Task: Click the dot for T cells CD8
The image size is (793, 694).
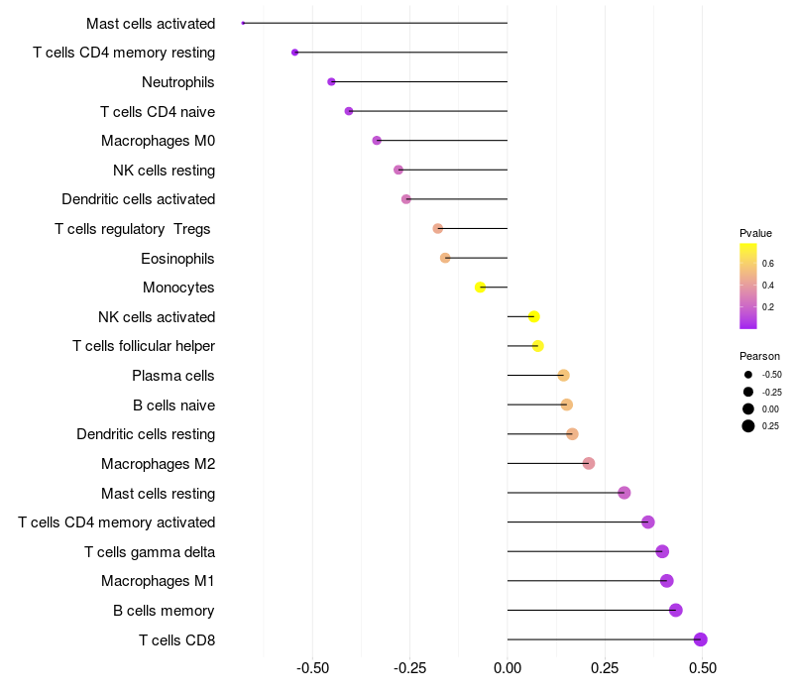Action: (x=700, y=639)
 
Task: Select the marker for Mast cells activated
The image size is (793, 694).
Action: (x=243, y=23)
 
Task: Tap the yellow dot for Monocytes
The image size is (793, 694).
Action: (x=481, y=288)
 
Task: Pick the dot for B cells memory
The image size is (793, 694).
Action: (x=676, y=610)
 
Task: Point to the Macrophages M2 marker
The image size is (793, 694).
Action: (x=589, y=463)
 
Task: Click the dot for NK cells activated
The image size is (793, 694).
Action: (x=534, y=317)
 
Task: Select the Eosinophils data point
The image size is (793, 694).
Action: (x=445, y=258)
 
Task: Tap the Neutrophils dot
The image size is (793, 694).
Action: (x=331, y=81)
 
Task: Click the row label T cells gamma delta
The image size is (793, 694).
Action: (x=150, y=551)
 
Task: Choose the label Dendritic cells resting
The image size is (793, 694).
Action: (x=146, y=434)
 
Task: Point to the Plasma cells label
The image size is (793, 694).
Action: (x=173, y=376)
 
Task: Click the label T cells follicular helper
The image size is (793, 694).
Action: (x=144, y=346)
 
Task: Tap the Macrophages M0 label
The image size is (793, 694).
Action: (x=158, y=141)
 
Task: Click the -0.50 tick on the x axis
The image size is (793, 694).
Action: (x=312, y=668)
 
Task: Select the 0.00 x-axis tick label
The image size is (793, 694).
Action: (x=508, y=668)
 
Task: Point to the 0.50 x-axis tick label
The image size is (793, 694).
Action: (x=703, y=668)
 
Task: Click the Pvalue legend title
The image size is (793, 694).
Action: (x=755, y=233)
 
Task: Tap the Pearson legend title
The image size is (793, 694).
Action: (x=759, y=356)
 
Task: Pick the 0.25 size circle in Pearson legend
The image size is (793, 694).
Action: (x=748, y=426)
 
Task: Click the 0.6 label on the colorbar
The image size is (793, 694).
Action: (x=768, y=263)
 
